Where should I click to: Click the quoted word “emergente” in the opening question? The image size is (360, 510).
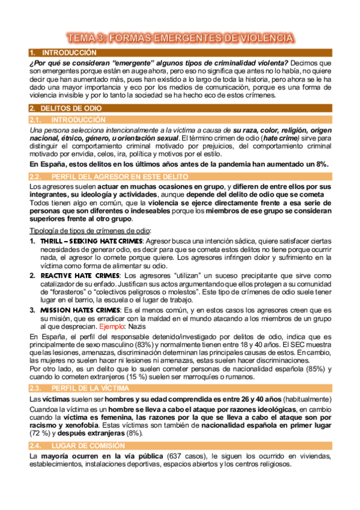[142, 63]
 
